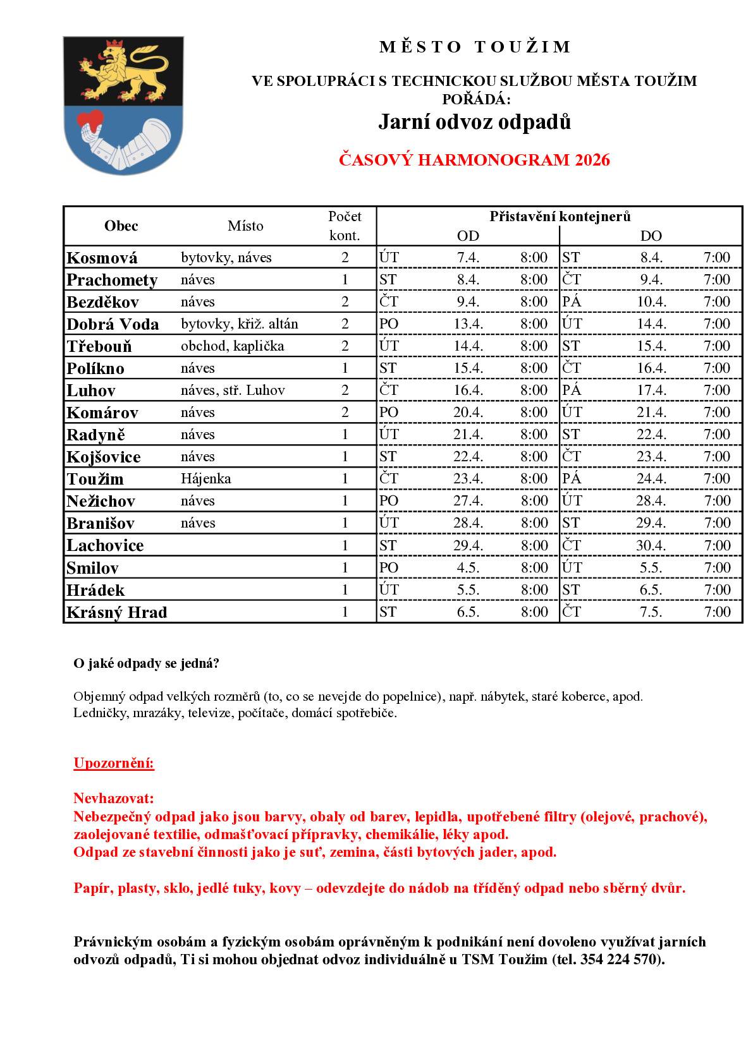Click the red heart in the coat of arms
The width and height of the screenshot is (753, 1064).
[90, 120]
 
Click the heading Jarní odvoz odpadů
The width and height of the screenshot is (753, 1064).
[474, 122]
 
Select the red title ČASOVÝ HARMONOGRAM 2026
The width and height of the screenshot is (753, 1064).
[474, 160]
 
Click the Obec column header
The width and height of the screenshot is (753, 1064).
[121, 226]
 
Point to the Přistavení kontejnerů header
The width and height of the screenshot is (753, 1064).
[560, 217]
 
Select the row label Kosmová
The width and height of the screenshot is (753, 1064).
[102, 258]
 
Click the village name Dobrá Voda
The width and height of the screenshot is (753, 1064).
[113, 324]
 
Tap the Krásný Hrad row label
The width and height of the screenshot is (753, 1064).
[116, 612]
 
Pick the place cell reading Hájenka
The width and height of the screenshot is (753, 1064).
[205, 479]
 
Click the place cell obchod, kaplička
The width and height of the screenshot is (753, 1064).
[232, 346]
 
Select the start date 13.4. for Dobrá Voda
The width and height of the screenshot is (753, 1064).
[468, 324]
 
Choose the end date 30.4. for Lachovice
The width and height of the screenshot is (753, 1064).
[651, 545]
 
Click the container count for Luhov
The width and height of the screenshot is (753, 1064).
[345, 390]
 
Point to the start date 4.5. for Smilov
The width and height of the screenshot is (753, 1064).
[468, 567]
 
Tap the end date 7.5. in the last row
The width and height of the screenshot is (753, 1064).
[651, 612]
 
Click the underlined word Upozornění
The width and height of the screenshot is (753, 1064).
[114, 763]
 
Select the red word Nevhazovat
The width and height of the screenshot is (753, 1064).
[114, 798]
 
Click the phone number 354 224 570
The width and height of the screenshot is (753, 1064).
[619, 959]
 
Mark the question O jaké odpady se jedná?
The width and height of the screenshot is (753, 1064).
[147, 663]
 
